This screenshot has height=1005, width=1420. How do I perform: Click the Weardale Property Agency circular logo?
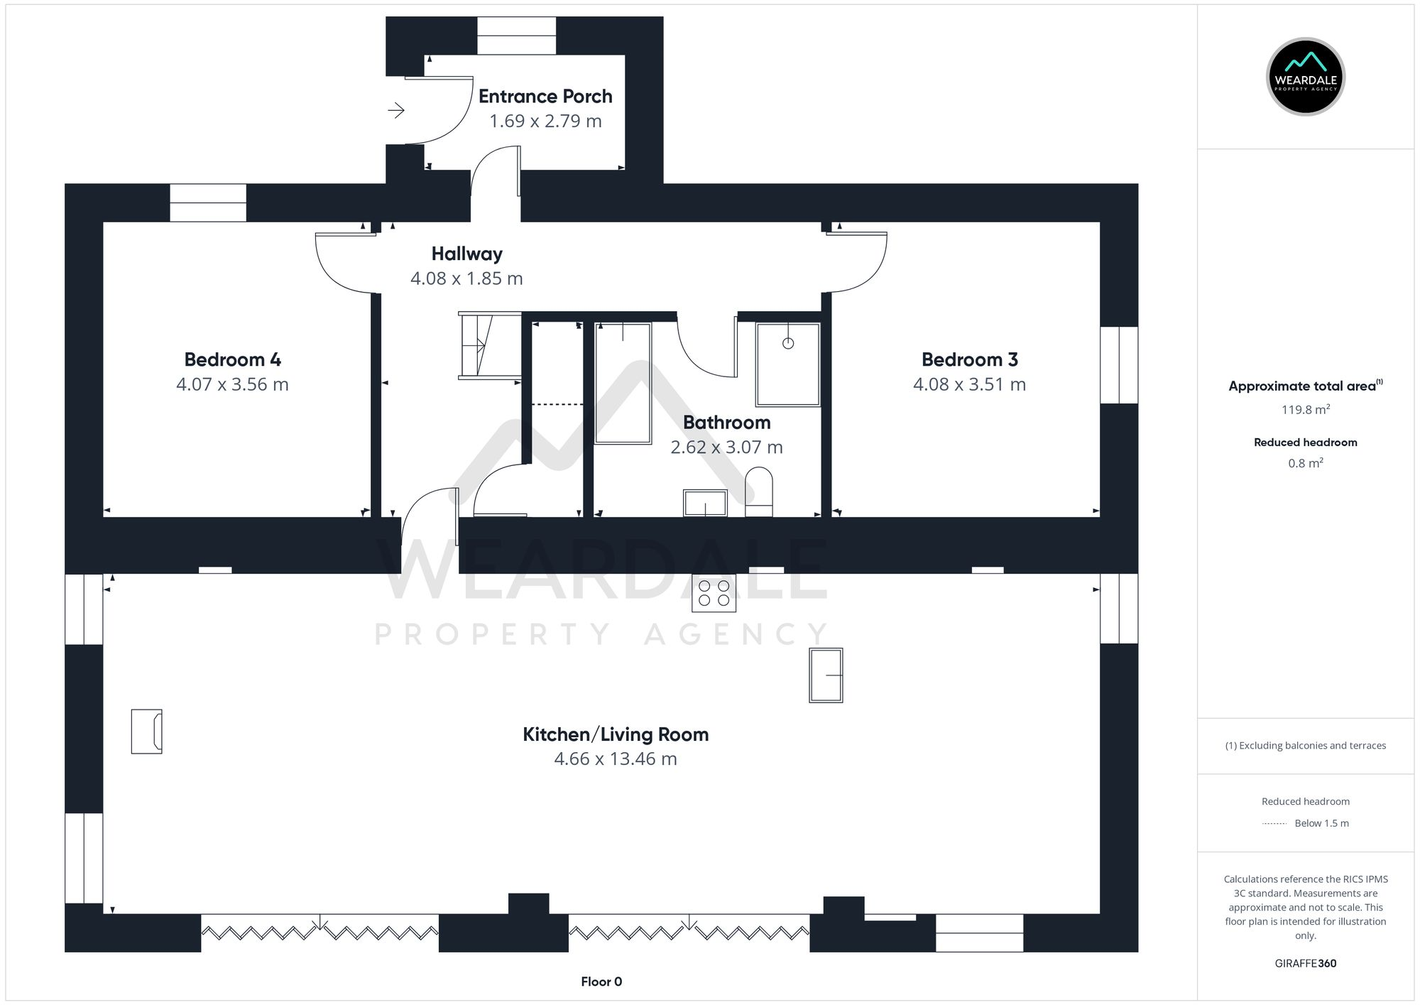[x=1305, y=77]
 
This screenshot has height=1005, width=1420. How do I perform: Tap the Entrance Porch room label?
[x=545, y=97]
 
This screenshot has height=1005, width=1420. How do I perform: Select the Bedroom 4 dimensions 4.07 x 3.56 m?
[x=232, y=384]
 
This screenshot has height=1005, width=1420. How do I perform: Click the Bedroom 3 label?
[x=969, y=359]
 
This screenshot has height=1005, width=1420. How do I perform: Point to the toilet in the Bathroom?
[x=759, y=491]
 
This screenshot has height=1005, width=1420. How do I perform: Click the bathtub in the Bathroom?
[x=623, y=384]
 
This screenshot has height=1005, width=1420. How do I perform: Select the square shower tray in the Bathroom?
[x=787, y=364]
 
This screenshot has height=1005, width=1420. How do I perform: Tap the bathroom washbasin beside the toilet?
[x=705, y=503]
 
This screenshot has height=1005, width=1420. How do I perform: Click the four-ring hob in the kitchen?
[x=714, y=593]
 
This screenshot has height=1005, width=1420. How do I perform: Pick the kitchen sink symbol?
[x=826, y=675]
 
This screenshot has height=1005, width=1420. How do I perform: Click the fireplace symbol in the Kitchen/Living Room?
[x=147, y=731]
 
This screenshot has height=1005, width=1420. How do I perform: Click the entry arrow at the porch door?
[x=396, y=110]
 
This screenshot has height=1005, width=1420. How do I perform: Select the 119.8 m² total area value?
[x=1305, y=410]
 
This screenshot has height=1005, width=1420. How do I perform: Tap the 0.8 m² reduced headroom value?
[x=1305, y=463]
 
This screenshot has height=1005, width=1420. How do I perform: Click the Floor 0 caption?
[x=601, y=982]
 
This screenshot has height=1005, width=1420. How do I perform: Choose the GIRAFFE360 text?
[x=1305, y=963]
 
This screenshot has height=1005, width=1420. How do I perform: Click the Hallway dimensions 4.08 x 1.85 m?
[x=466, y=278]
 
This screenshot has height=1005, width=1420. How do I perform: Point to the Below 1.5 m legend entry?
[x=1321, y=823]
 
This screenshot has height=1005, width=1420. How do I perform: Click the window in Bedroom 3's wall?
[x=1119, y=365]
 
